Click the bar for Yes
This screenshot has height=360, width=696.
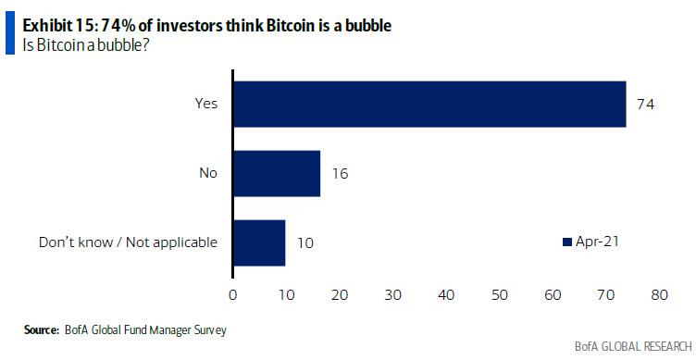pyautogui.click(x=429, y=104)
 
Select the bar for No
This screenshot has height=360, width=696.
pyautogui.click(x=277, y=173)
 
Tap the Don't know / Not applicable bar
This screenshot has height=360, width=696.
pyautogui.click(x=259, y=242)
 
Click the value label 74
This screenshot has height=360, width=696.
pyautogui.click(x=644, y=105)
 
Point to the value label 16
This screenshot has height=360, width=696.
pyautogui.click(x=339, y=173)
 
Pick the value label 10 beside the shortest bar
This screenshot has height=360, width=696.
pyautogui.click(x=304, y=243)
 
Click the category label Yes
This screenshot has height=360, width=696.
pyautogui.click(x=206, y=104)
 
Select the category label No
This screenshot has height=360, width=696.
pyautogui.click(x=208, y=173)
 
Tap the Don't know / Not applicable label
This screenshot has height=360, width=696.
pyautogui.click(x=128, y=242)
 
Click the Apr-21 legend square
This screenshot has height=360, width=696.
pyautogui.click(x=568, y=242)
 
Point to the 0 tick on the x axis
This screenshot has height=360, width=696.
pyautogui.click(x=233, y=295)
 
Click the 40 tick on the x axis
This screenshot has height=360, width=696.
pyautogui.click(x=446, y=295)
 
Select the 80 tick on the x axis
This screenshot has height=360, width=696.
pyautogui.click(x=659, y=295)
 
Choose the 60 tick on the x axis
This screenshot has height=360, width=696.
pyautogui.click(x=553, y=295)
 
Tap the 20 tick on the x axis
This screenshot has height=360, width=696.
pyautogui.click(x=340, y=295)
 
